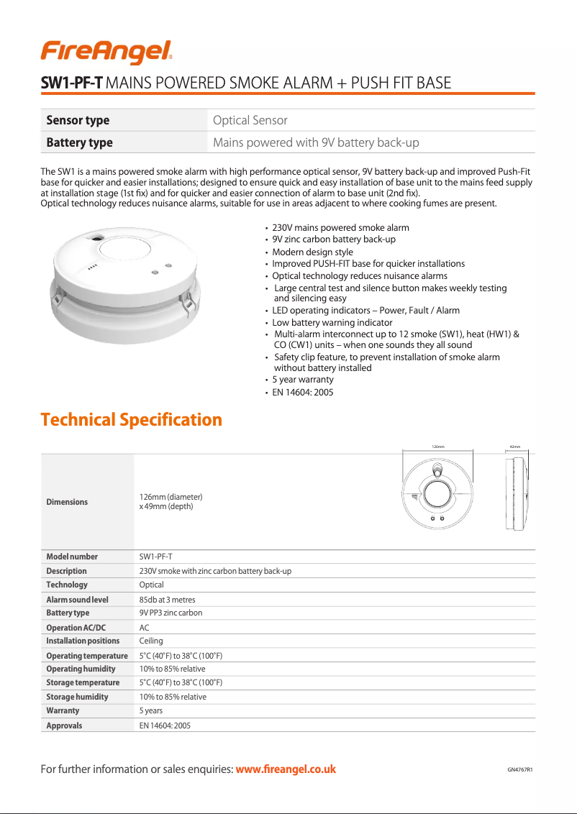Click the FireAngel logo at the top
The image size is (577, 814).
coord(106,52)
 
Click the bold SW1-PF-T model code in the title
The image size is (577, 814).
coord(73,83)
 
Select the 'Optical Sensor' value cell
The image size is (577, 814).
coord(250,120)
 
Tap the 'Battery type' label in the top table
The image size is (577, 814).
coord(79,142)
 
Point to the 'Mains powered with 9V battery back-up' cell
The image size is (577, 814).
coord(316,142)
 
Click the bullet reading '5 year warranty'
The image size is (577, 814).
coord(302,380)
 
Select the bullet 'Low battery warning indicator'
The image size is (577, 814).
coord(322,322)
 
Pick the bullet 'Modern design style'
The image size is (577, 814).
coord(312,252)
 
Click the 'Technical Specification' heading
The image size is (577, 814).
coord(131,419)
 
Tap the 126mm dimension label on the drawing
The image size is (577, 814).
coord(437,447)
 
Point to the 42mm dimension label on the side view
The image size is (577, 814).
coord(514,447)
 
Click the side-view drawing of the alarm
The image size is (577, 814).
coord(515,495)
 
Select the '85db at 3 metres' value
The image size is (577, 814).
coord(167,600)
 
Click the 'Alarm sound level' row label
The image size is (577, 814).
coord(77,600)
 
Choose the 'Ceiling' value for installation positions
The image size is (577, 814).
coord(151,641)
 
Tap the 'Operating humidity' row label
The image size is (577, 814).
coord(81,669)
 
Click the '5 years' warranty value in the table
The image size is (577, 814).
coord(151,710)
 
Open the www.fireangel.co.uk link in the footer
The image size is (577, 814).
coord(286,769)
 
